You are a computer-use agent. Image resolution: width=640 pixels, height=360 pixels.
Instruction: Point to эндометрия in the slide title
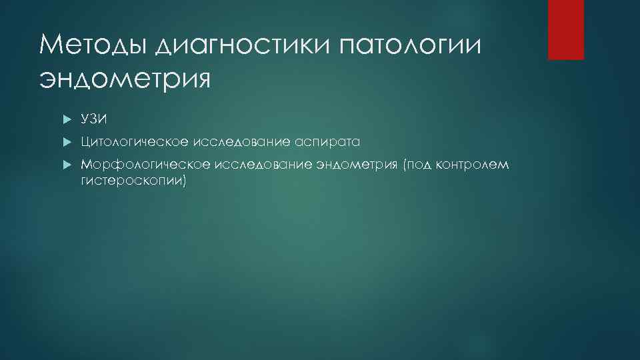click(125, 79)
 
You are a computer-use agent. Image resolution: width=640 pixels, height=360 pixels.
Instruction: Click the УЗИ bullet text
click(94, 119)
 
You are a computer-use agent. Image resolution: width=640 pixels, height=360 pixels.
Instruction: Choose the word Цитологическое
click(134, 142)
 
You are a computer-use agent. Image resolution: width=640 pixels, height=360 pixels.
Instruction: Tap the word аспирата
click(326, 143)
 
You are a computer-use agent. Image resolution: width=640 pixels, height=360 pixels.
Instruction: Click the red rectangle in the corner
click(565, 29)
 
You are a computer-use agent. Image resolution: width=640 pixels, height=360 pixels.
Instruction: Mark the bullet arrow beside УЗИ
click(67, 119)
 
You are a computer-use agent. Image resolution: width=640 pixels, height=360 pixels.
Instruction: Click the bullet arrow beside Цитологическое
click(67, 142)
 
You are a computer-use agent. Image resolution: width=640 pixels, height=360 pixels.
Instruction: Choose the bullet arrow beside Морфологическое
click(67, 165)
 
